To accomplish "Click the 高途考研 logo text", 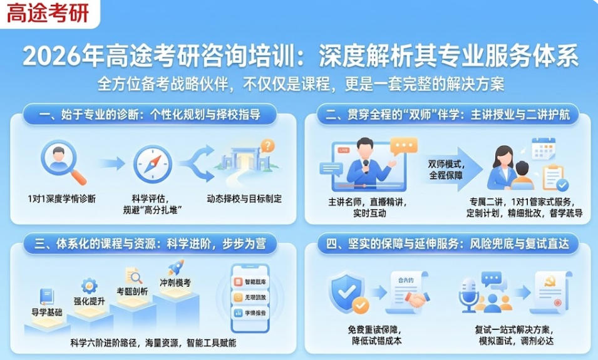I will [48, 13].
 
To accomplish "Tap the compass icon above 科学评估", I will [152, 164].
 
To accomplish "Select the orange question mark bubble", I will [267, 146].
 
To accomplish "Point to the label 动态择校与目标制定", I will [244, 199].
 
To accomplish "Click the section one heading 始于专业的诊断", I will [150, 115].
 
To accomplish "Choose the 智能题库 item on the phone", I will [250, 281].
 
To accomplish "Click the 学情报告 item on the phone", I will [250, 312].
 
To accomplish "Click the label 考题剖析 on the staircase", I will [132, 291].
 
